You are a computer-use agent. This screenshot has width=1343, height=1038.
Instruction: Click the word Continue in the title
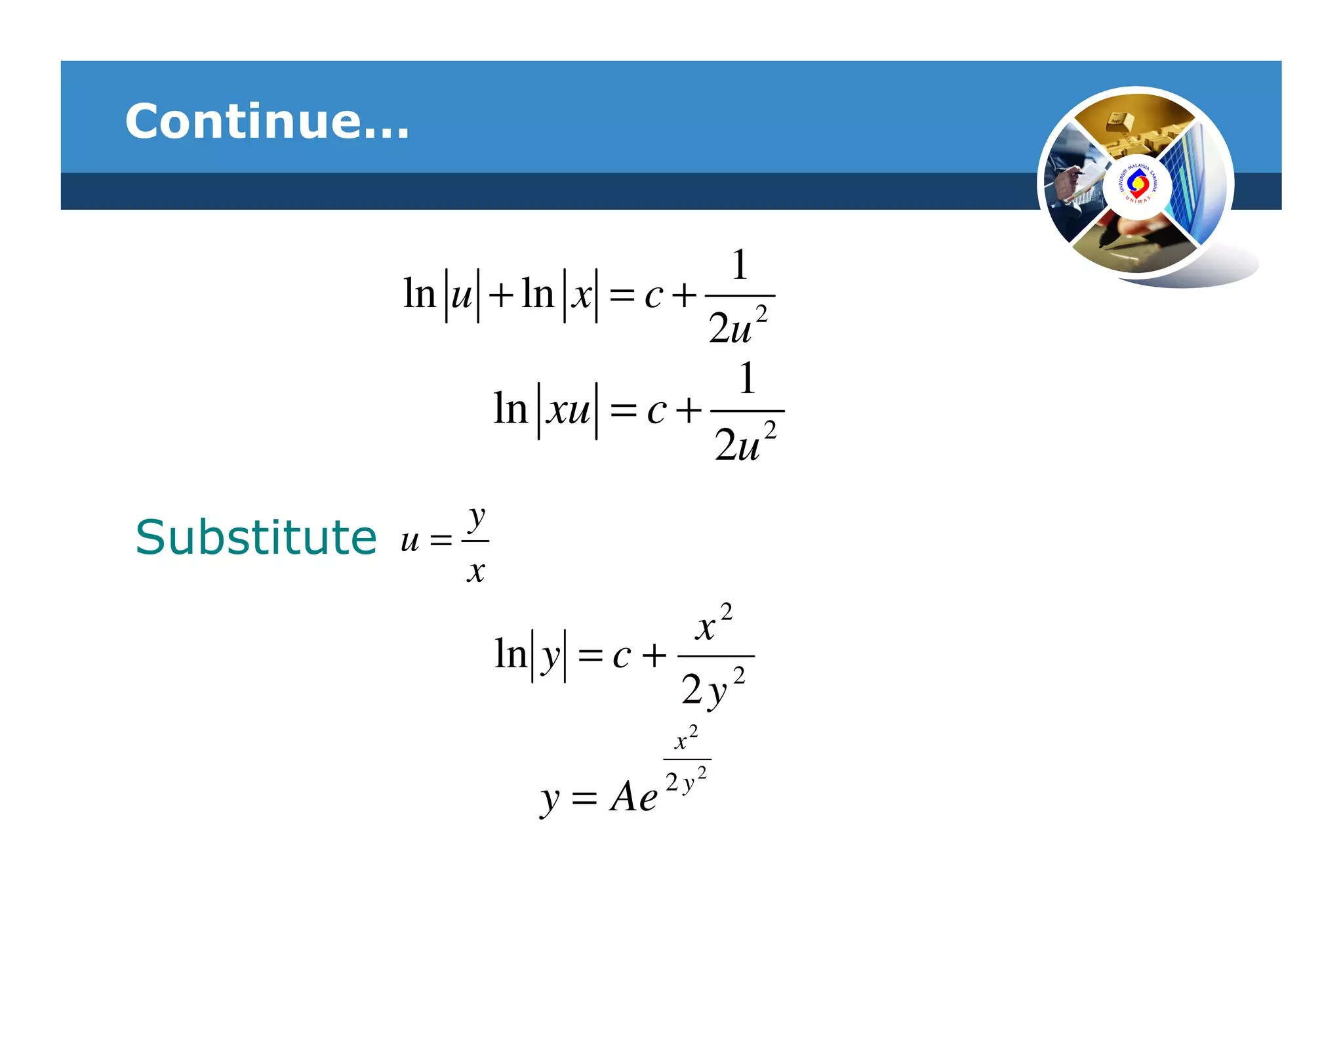coord(266,121)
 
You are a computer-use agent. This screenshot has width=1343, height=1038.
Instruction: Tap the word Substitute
coord(256,537)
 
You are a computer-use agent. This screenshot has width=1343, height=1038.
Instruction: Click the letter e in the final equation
coord(648,799)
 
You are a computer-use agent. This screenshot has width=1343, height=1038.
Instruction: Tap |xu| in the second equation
coord(568,411)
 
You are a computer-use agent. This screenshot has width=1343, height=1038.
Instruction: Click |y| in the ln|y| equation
coord(549,655)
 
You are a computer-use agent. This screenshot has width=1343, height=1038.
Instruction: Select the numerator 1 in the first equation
coord(740,265)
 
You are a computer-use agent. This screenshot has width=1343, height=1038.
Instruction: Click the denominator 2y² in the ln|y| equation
coord(713,689)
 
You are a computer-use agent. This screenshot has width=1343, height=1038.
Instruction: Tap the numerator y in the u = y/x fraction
coord(477,518)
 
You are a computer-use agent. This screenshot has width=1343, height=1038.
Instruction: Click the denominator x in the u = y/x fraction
coord(476,571)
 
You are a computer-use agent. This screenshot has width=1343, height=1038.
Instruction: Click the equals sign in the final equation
coord(584,799)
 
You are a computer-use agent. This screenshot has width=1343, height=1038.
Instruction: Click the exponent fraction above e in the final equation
coord(687,760)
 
